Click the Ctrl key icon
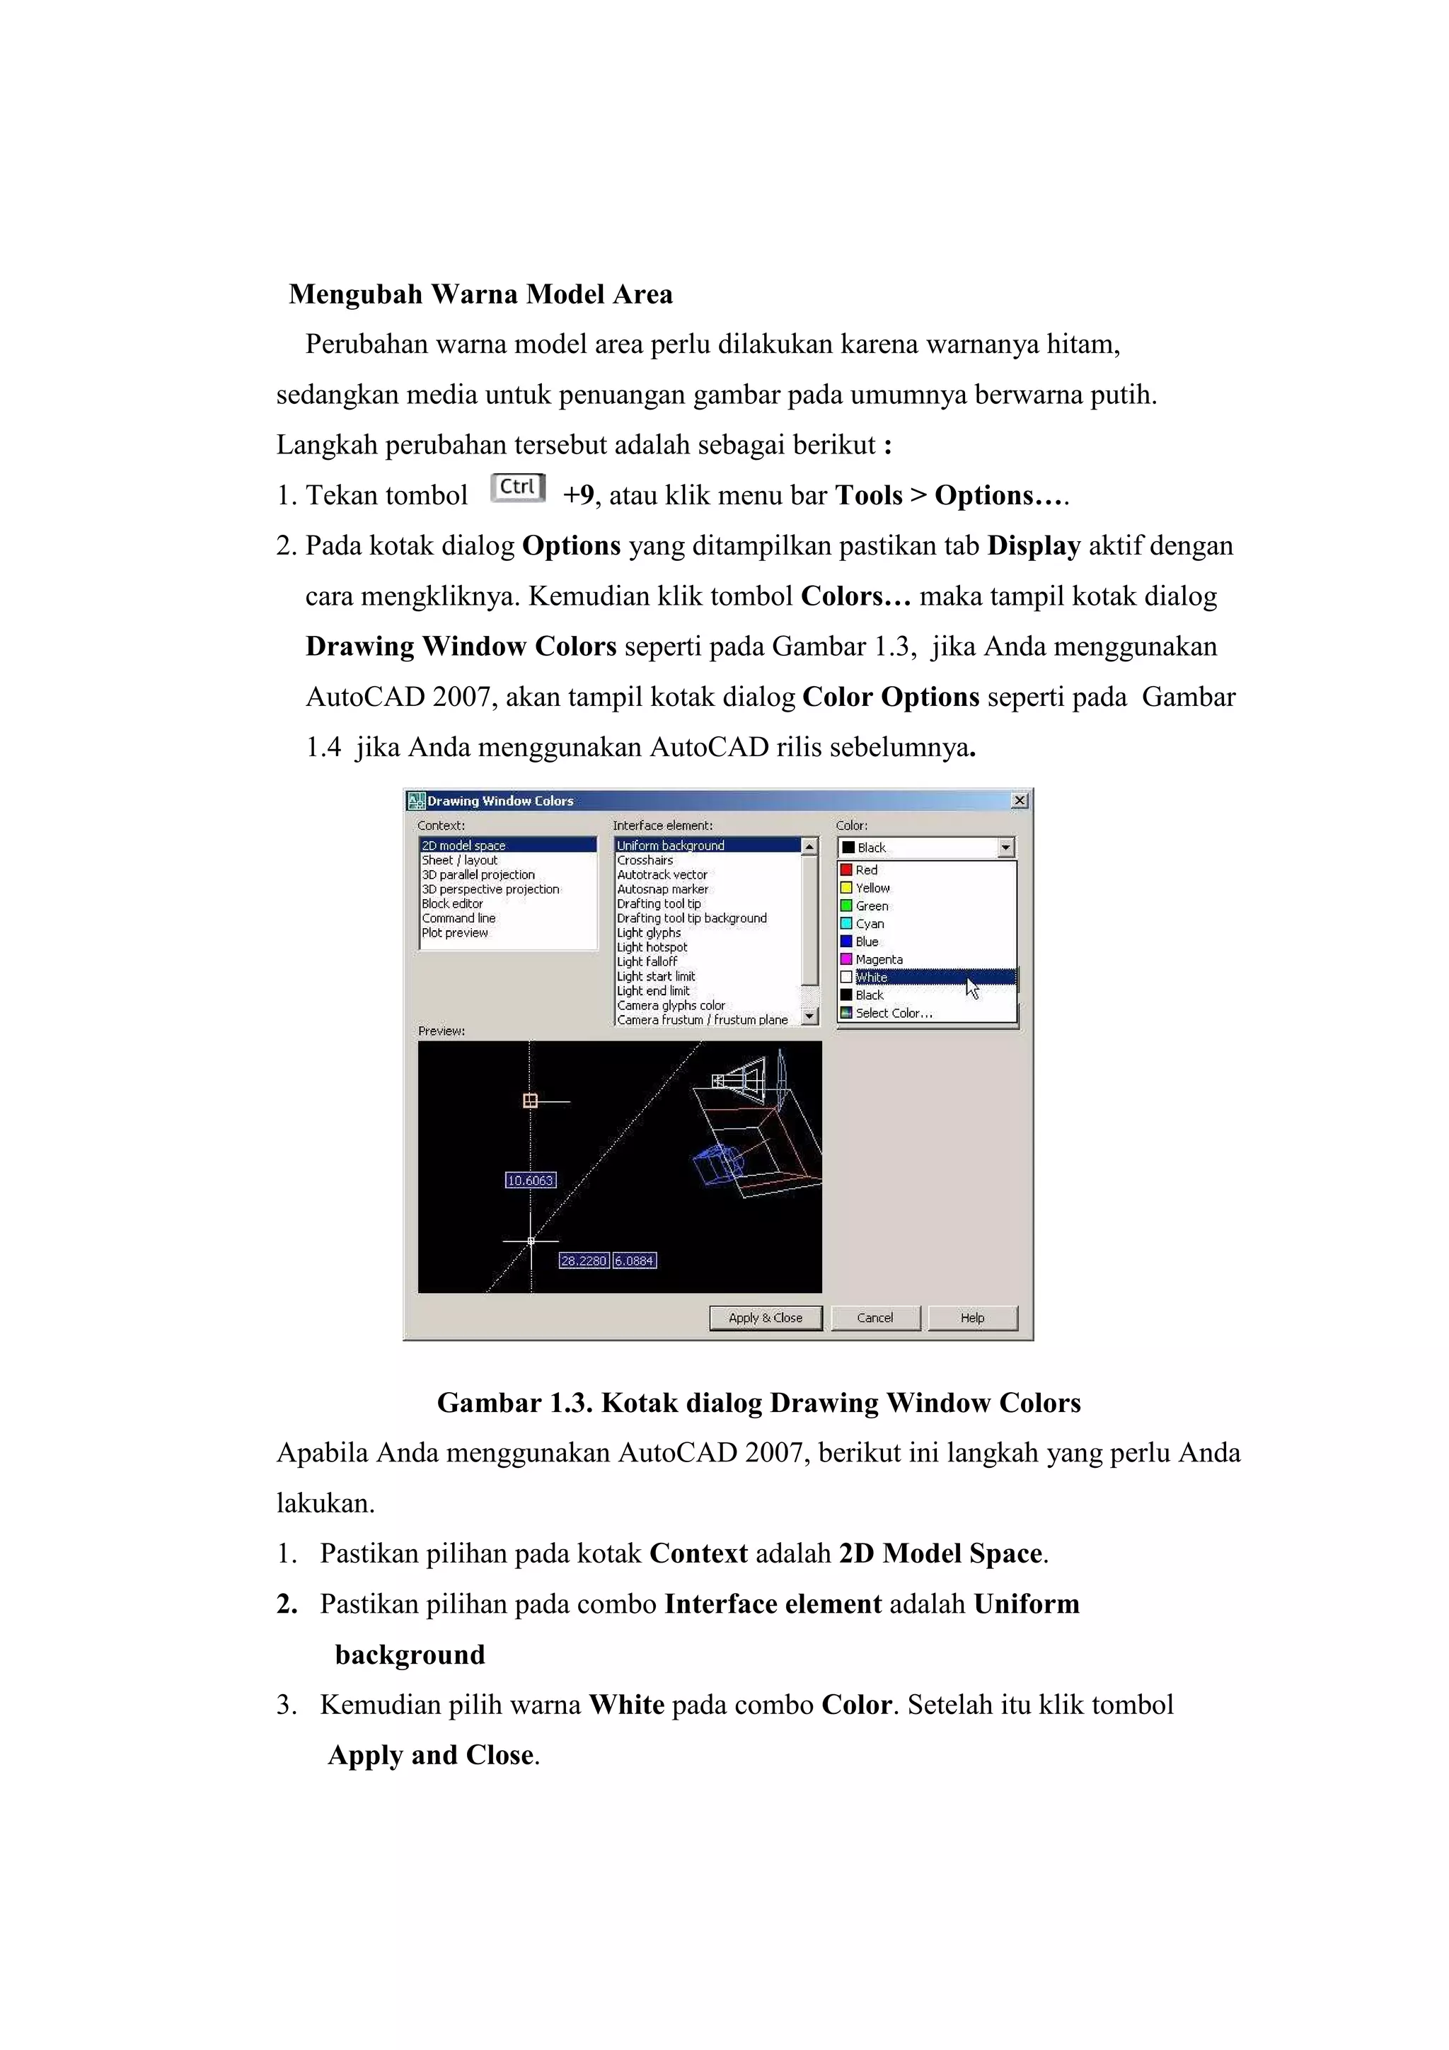(518, 487)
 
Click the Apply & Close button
(765, 1318)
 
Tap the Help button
(972, 1318)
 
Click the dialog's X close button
(1019, 801)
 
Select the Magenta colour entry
(879, 960)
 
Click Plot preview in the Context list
(456, 933)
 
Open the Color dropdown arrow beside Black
(1006, 847)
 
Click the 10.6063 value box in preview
(531, 1181)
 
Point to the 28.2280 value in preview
(583, 1261)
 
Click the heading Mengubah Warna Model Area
(480, 295)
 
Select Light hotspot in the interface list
(652, 947)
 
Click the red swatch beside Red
(846, 869)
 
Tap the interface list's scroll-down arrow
(809, 1016)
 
